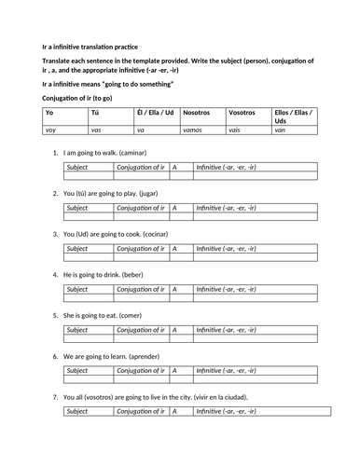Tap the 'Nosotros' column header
tap(198, 113)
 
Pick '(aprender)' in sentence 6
tap(148, 356)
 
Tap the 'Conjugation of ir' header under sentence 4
tap(140, 290)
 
